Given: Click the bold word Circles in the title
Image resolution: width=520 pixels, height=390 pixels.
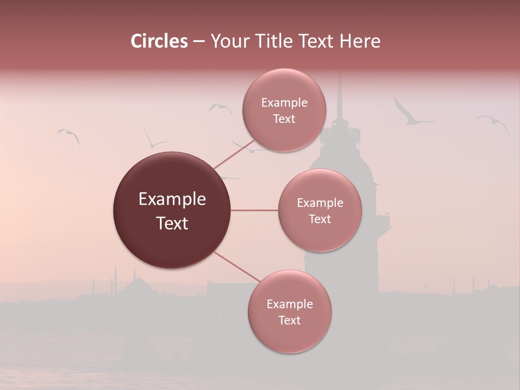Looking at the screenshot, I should [x=159, y=41].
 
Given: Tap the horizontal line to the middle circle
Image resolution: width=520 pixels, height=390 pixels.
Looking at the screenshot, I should [x=255, y=210].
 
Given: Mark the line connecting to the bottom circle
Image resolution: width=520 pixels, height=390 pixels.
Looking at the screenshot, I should [x=238, y=268].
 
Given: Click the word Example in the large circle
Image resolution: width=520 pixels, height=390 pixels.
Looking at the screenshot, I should [x=172, y=199].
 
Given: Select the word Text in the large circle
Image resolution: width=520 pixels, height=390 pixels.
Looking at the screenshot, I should [x=172, y=223].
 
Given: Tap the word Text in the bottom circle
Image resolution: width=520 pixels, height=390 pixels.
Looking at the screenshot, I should [x=290, y=320].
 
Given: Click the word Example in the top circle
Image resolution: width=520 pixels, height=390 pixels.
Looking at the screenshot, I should [x=284, y=103].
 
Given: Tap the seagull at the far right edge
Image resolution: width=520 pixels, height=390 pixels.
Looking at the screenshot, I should [x=493, y=123].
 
